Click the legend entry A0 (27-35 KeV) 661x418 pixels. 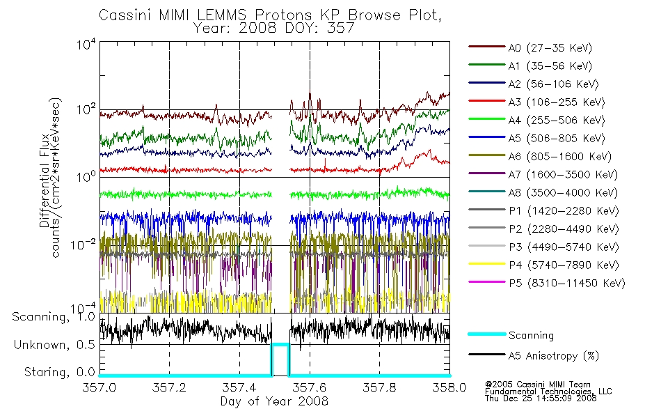(x=550, y=48)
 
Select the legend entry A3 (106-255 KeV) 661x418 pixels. (x=556, y=102)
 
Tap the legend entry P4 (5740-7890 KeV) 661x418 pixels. (x=564, y=265)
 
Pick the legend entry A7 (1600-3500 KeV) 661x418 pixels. (x=563, y=175)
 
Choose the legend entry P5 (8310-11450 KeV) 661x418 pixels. (x=566, y=284)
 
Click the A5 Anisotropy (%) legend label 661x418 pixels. (x=554, y=356)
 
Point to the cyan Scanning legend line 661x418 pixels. (x=487, y=334)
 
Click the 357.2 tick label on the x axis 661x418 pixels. (x=169, y=387)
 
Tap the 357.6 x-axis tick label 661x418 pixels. (x=310, y=387)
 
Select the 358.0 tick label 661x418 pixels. (x=449, y=387)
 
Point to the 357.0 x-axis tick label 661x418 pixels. (x=99, y=387)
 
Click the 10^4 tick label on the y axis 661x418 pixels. (x=86, y=45)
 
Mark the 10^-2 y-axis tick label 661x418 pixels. (x=83, y=245)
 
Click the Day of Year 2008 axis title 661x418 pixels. (x=274, y=401)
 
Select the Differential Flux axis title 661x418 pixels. (x=45, y=180)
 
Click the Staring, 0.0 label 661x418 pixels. (x=60, y=372)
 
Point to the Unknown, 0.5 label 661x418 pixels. (x=54, y=345)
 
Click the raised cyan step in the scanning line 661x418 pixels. (x=280, y=345)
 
